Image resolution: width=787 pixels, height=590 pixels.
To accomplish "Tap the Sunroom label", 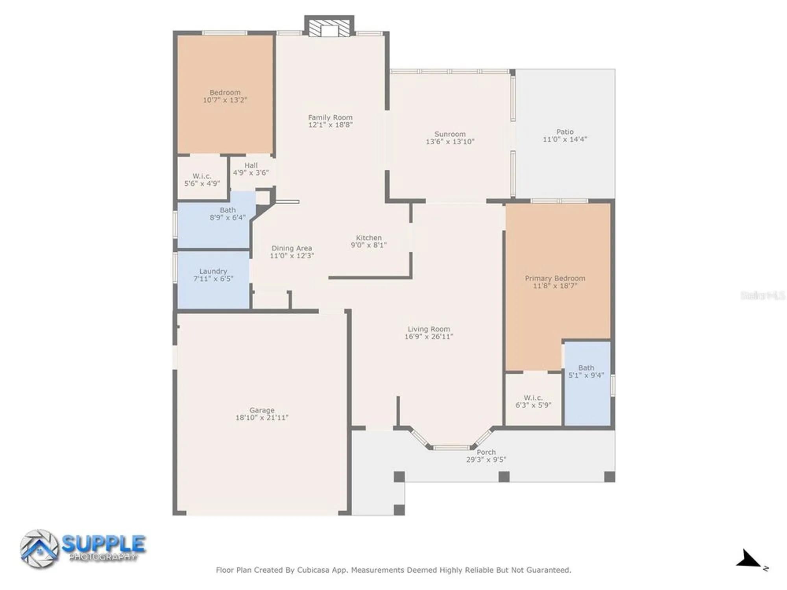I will coord(450,134).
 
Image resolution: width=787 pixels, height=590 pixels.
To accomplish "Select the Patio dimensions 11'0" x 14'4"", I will coord(565,139).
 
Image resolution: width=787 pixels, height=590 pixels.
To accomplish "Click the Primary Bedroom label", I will coord(555,278).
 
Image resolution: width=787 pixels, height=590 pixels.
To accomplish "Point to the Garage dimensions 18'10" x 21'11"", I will coord(262,418).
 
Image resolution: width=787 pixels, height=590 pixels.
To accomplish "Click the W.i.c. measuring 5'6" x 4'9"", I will coord(202,180).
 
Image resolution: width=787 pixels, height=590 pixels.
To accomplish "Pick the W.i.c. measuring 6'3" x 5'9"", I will coord(533,402).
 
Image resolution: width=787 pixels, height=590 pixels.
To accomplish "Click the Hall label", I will coord(251,166).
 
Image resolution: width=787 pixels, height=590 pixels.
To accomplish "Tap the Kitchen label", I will coord(369,238).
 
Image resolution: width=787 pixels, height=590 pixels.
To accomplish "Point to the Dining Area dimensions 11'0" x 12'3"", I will coord(292,256).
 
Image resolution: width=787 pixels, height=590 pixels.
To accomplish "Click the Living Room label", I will coord(429,329).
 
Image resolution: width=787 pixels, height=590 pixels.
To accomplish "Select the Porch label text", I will coord(486,452).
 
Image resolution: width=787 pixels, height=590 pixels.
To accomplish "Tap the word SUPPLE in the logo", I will coord(103,544).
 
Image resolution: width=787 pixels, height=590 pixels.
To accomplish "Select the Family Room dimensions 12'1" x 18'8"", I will coord(330,125).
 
